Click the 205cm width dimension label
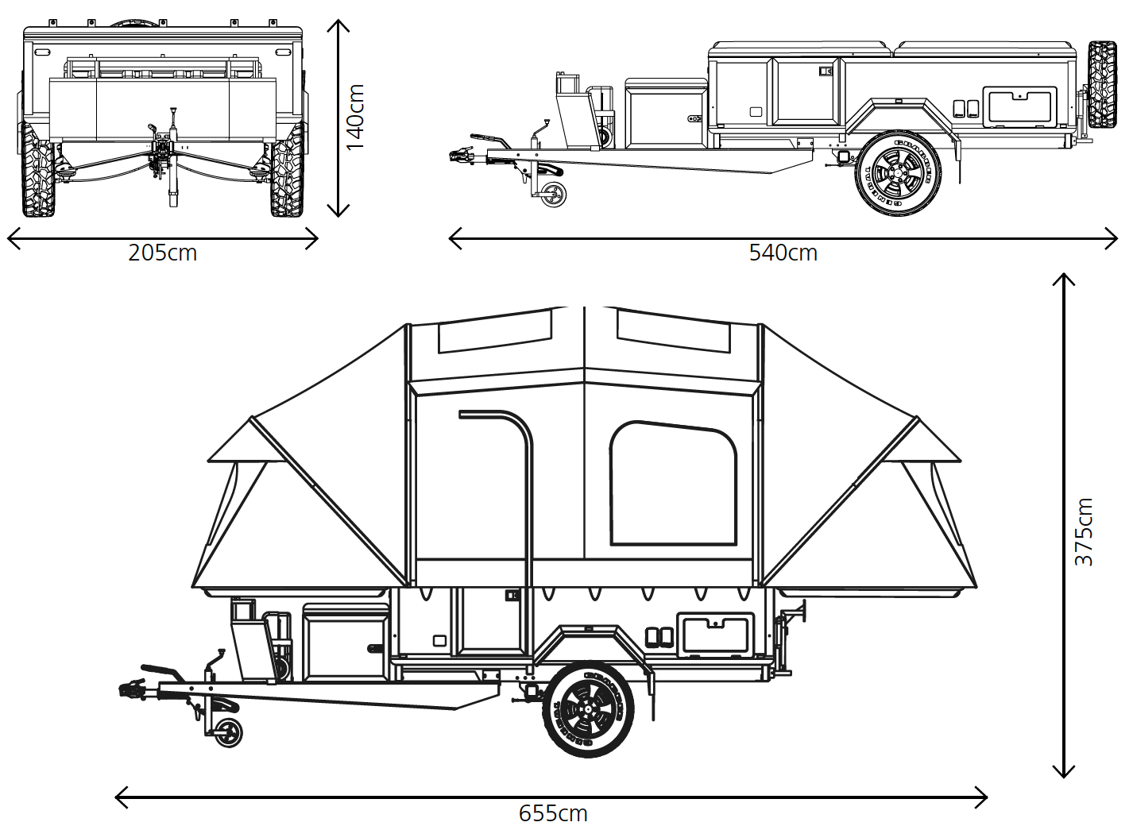point(162,253)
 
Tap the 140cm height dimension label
point(355,118)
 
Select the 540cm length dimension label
point(783,253)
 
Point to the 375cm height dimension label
point(1084,532)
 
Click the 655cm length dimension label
point(553,813)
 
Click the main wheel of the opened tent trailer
point(589,709)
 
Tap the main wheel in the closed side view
point(898,173)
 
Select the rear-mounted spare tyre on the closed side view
point(1102,85)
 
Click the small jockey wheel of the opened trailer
point(229,732)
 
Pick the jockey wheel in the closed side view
point(554,194)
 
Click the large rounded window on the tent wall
point(673,484)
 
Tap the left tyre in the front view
point(38,171)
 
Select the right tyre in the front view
point(287,171)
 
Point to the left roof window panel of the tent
point(494,332)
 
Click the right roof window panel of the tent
point(674,331)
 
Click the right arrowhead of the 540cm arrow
point(1113,237)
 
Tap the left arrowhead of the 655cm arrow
point(121,797)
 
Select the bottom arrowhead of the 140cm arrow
point(338,211)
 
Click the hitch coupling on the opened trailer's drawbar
point(132,689)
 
